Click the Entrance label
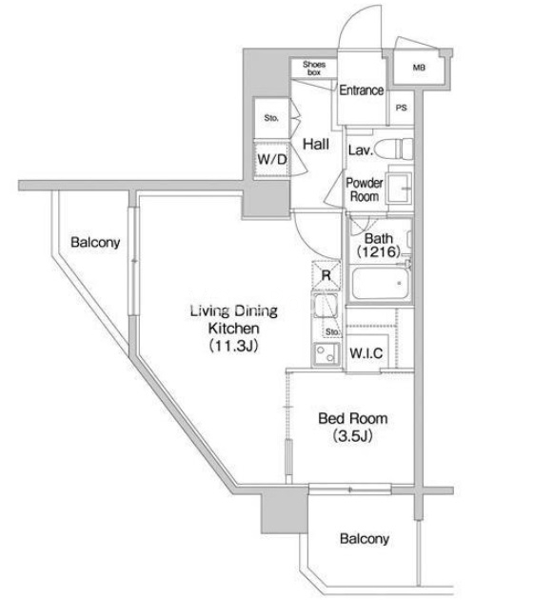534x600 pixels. [x=362, y=90]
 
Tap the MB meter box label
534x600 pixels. [x=419, y=68]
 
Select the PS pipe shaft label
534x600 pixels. [x=402, y=108]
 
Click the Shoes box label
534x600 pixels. [x=314, y=68]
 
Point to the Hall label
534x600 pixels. [x=316, y=144]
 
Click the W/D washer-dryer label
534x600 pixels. [x=272, y=159]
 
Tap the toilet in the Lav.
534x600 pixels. [x=394, y=149]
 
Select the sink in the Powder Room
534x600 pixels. [x=399, y=189]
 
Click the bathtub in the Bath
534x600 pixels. [x=380, y=284]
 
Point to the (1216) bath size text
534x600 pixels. [x=379, y=251]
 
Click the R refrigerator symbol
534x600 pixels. [x=326, y=274]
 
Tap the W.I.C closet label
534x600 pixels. [x=366, y=352]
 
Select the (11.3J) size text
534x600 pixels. [x=233, y=346]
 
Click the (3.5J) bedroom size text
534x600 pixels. [x=352, y=435]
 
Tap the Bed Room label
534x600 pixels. [x=353, y=418]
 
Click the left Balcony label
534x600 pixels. [x=95, y=242]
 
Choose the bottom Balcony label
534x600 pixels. [x=365, y=539]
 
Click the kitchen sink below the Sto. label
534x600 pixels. [x=326, y=354]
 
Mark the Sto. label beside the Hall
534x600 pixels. [x=271, y=118]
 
